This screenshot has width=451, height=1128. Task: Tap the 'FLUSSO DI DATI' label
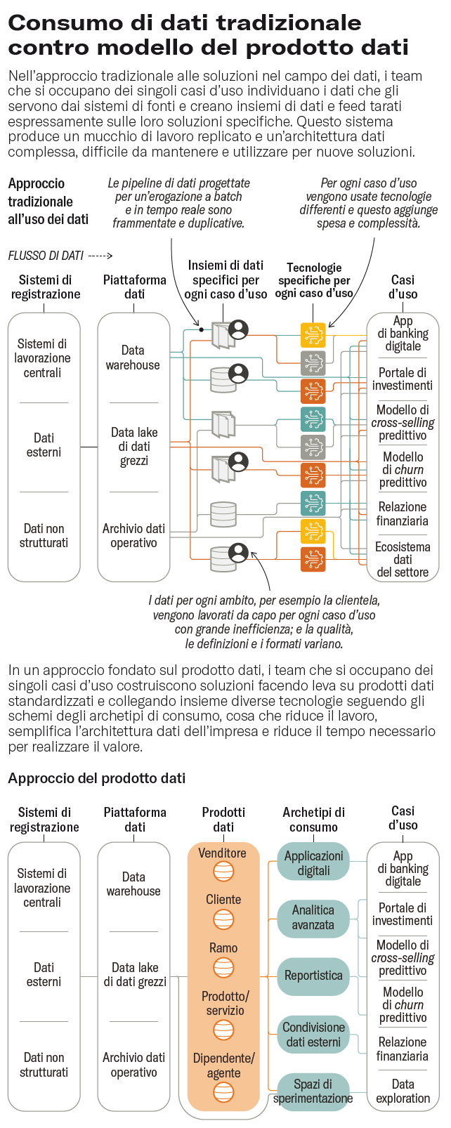pos(46,256)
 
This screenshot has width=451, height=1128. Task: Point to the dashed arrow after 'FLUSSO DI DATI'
pos(100,256)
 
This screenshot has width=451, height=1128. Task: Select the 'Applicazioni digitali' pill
pos(313,863)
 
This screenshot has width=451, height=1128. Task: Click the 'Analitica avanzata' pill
pos(313,917)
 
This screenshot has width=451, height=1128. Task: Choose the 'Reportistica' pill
pos(313,976)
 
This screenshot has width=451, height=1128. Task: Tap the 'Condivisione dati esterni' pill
pos(313,1035)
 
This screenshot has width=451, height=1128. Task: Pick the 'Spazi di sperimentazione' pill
pos(313,1091)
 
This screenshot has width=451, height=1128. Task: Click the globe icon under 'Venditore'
pos(223,872)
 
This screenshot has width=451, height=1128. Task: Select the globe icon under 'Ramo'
pos(223,967)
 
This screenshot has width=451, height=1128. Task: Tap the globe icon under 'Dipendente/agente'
pos(223,1091)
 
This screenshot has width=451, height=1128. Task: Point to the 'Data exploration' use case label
pos(403,1091)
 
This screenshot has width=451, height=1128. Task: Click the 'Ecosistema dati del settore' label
pos(403,559)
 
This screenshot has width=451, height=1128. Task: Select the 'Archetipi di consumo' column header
pos(313,820)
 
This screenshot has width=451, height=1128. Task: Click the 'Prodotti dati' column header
pos(223,820)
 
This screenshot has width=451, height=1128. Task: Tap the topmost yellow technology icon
pos(313,335)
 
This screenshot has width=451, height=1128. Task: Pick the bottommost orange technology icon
pos(313,559)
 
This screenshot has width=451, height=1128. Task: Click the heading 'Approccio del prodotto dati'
pos(97,778)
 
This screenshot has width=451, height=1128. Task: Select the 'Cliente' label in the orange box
pos(223,900)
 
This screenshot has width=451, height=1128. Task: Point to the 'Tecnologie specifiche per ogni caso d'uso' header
pos(313,280)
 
